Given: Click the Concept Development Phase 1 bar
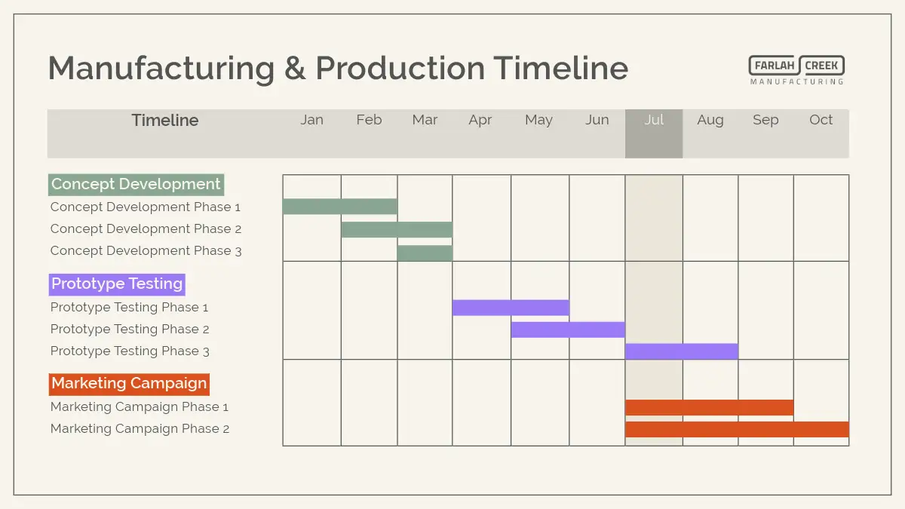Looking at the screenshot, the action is click(x=340, y=207).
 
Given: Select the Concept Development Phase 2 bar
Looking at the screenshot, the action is click(x=397, y=229).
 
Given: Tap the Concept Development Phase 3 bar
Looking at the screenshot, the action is click(x=425, y=253).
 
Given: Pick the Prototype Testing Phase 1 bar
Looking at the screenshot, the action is click(x=511, y=308).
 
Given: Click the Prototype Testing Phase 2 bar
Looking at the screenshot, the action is click(x=568, y=330).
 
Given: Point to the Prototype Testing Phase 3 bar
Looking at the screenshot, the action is click(x=682, y=351).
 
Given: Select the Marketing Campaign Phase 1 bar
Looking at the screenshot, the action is click(x=709, y=407).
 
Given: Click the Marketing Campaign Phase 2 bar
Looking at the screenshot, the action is click(x=737, y=429).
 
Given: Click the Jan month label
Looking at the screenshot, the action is click(x=311, y=120).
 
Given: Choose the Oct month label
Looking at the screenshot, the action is click(x=821, y=120).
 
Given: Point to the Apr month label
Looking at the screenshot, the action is click(x=480, y=121).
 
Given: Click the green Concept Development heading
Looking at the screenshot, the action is click(x=137, y=185).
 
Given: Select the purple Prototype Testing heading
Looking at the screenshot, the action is click(x=117, y=284).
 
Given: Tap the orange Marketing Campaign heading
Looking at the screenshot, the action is click(x=129, y=384).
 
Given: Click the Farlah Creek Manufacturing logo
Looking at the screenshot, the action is click(x=796, y=70).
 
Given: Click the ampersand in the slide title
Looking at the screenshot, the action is click(x=295, y=69).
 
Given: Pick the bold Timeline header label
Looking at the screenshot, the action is click(x=165, y=121).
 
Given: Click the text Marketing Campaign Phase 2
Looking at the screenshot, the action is click(x=140, y=428).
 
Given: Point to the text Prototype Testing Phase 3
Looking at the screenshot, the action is click(x=130, y=351).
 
